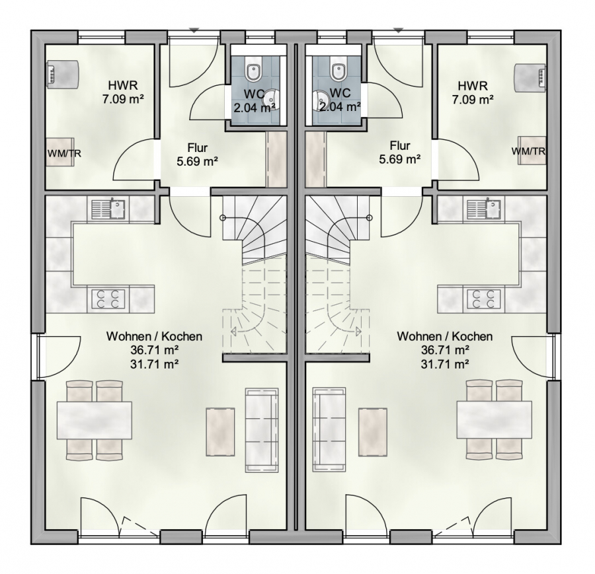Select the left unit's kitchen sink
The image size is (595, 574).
[110, 209]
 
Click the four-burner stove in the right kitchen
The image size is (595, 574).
[482, 299]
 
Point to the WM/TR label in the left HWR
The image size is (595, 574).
[64, 153]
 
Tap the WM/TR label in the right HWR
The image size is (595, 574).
[529, 151]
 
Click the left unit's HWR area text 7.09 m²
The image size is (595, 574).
[123, 99]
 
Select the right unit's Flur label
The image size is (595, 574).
[400, 145]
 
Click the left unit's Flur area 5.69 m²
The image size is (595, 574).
[197, 162]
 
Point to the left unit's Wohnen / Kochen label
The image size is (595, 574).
[154, 336]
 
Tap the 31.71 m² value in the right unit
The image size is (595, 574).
[444, 364]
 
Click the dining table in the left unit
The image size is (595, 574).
[95, 420]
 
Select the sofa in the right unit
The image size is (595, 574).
[329, 430]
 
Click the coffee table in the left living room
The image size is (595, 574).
[220, 432]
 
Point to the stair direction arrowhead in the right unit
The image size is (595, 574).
[358, 332]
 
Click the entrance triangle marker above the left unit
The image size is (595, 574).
[194, 30]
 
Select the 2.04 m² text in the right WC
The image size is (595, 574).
[340, 106]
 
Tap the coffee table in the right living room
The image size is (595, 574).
[373, 432]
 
